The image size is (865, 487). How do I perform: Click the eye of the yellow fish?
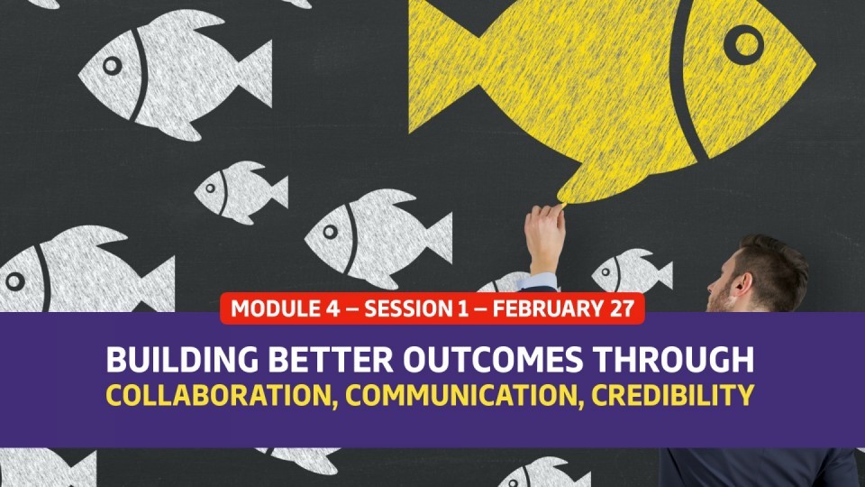pyautogui.click(x=743, y=45)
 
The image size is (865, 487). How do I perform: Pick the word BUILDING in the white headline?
pyautogui.click(x=182, y=360)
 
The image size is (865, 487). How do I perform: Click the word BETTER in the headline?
pyautogui.click(x=331, y=360)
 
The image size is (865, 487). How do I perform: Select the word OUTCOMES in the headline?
pyautogui.click(x=493, y=360)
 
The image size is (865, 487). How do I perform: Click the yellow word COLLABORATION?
pyautogui.click(x=222, y=395)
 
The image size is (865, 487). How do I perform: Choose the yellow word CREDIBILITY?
pyautogui.click(x=673, y=395)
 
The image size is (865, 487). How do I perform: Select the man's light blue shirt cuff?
pyautogui.click(x=538, y=281)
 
